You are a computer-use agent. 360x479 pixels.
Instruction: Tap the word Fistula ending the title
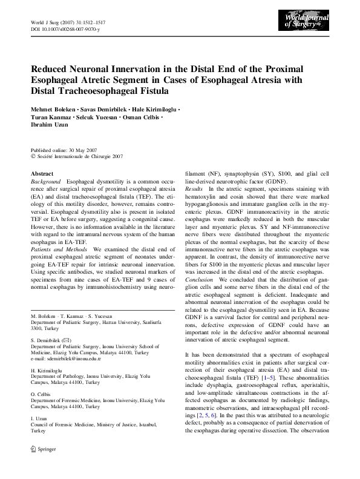coord(148,91)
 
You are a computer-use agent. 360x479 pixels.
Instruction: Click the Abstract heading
coord(42,174)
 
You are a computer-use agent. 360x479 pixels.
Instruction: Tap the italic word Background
coord(45,182)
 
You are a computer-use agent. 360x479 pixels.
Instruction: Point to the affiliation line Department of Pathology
coord(69,375)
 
